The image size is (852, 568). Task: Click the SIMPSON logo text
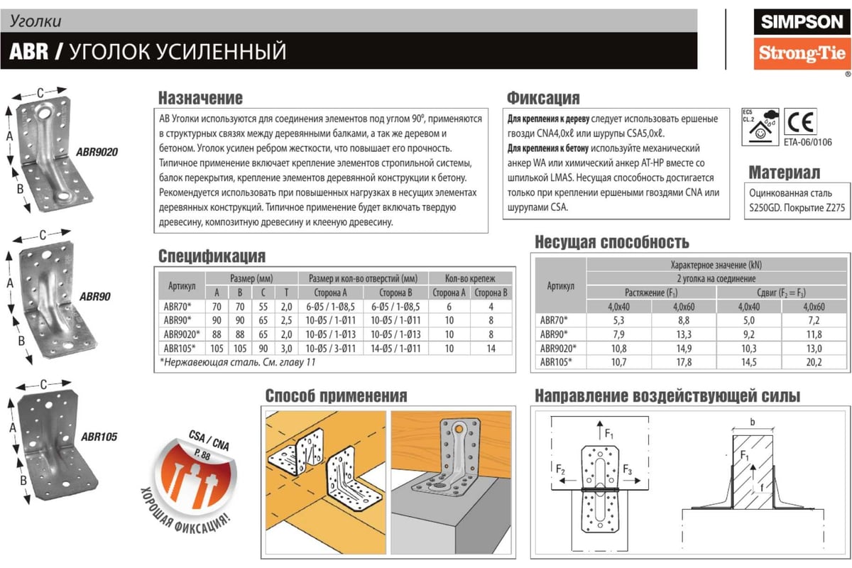(x=802, y=21)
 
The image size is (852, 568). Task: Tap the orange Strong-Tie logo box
(x=802, y=53)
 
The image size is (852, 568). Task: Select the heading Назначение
(x=200, y=98)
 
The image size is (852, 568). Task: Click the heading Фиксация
(x=543, y=98)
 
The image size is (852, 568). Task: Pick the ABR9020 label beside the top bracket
(x=97, y=151)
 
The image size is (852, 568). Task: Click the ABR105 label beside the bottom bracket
(x=99, y=437)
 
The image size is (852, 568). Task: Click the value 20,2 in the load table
(x=814, y=361)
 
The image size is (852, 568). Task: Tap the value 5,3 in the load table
(x=618, y=321)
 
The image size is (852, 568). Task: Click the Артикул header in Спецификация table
(x=182, y=285)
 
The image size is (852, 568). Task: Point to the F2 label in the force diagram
(x=560, y=469)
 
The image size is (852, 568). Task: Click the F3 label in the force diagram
(x=628, y=469)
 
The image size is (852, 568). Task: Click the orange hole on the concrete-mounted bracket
(x=460, y=429)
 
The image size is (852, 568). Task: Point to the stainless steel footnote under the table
(x=238, y=362)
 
